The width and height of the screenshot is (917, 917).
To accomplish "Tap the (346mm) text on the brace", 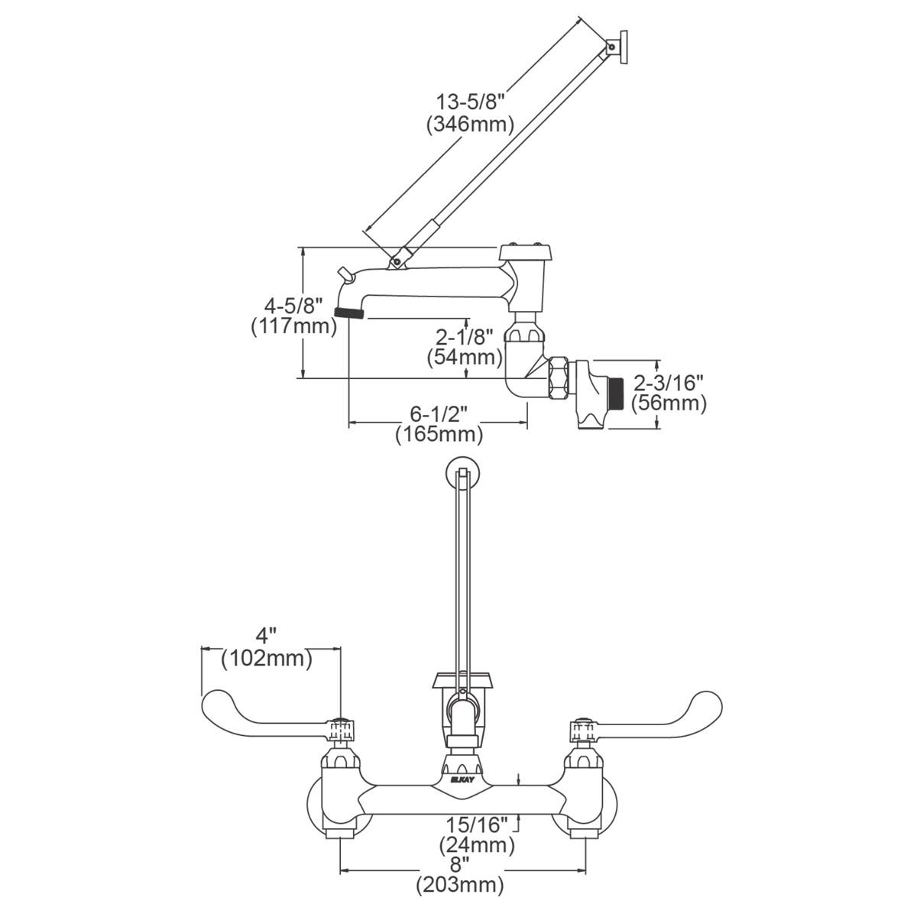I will (x=470, y=123).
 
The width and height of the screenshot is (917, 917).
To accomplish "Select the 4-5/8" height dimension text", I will (x=293, y=306).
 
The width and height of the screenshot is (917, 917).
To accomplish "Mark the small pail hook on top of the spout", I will (x=344, y=272).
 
